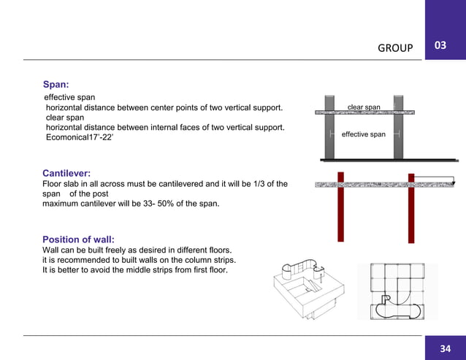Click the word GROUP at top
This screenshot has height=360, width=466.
coord(395,48)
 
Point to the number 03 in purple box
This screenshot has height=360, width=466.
coord(440,47)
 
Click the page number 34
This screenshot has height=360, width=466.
coord(445,348)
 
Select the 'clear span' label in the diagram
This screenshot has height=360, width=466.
coord(364,107)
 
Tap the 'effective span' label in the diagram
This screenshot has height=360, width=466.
coord(363,134)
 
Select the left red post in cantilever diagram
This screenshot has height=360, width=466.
coord(340,212)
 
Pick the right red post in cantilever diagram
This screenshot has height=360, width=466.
coord(410,212)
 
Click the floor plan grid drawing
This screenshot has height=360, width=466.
coord(396,291)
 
